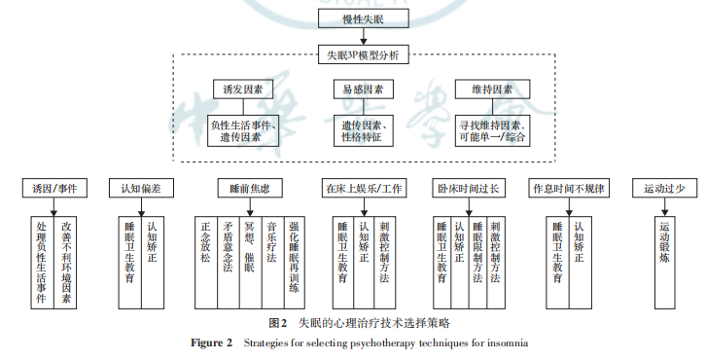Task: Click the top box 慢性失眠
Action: tap(364, 18)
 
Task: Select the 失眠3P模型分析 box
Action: tap(364, 54)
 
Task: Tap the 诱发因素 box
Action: tap(243, 90)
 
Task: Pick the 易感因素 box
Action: tap(364, 90)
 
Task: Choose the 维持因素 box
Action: tap(492, 90)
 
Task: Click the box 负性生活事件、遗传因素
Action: tap(243, 130)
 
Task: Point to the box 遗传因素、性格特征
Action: tap(364, 130)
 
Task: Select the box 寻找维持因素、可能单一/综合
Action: tap(492, 130)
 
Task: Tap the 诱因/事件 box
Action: tap(54, 189)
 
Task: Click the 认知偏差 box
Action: tap(141, 189)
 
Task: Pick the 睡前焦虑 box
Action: tap(250, 189)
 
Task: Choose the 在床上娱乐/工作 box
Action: tap(365, 189)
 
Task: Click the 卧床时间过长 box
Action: tap(469, 189)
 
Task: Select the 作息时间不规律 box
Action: tap(569, 189)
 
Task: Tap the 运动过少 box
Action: tap(664, 189)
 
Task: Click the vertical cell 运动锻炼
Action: tap(664, 263)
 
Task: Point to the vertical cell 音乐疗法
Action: tap(272, 263)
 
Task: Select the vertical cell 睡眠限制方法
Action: tap(477, 263)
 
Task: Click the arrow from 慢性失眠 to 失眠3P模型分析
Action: tap(364, 37)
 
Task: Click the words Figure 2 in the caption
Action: tap(212, 342)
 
